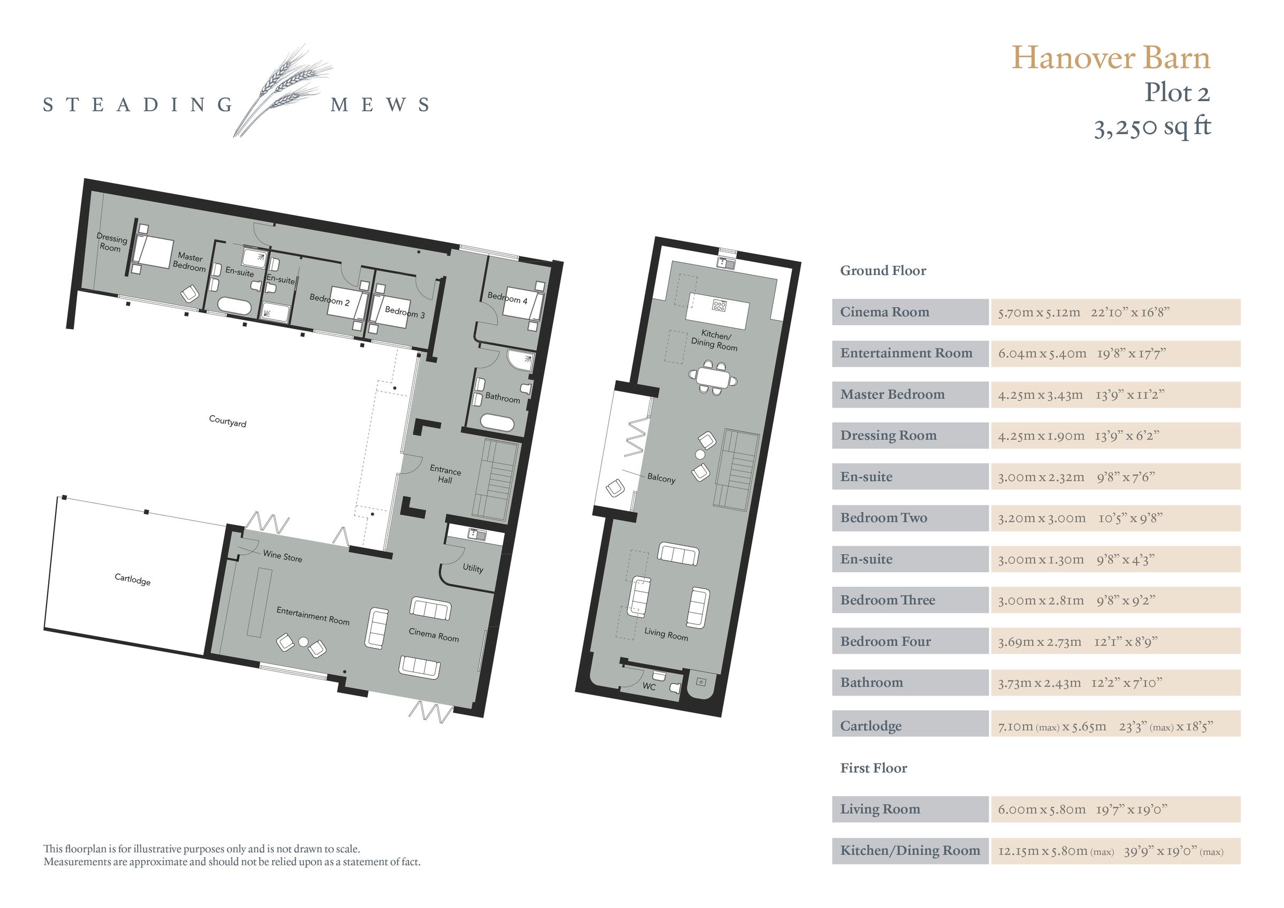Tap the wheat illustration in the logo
click(x=282, y=89)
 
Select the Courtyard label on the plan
click(x=227, y=421)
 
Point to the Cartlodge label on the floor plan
click(x=133, y=579)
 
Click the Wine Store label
click(x=282, y=556)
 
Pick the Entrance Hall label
click(x=445, y=475)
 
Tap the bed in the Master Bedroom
click(x=151, y=253)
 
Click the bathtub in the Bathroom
click(x=497, y=422)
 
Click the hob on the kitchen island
click(x=719, y=305)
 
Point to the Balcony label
click(x=661, y=478)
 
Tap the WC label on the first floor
click(x=649, y=686)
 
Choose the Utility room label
click(x=472, y=568)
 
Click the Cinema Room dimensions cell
click(x=1115, y=312)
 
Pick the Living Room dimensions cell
click(x=1115, y=809)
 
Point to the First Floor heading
click(x=874, y=768)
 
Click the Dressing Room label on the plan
click(x=111, y=243)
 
